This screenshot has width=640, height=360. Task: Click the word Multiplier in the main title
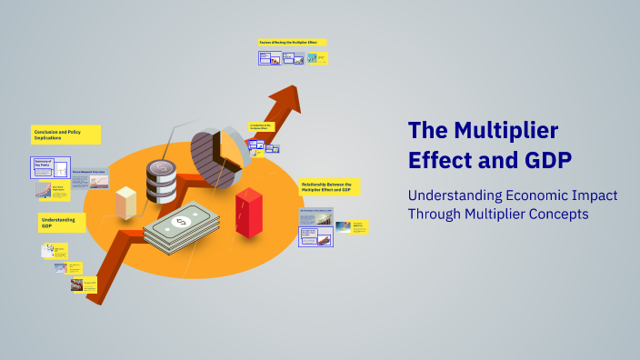tap(505, 130)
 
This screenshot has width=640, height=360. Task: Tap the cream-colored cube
tap(125, 203)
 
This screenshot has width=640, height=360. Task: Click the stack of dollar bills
tap(182, 227)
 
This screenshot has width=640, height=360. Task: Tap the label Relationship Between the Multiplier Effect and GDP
tap(329, 186)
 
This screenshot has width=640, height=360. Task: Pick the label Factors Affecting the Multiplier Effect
tap(292, 42)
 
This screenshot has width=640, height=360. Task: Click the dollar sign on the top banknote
tap(180, 221)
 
